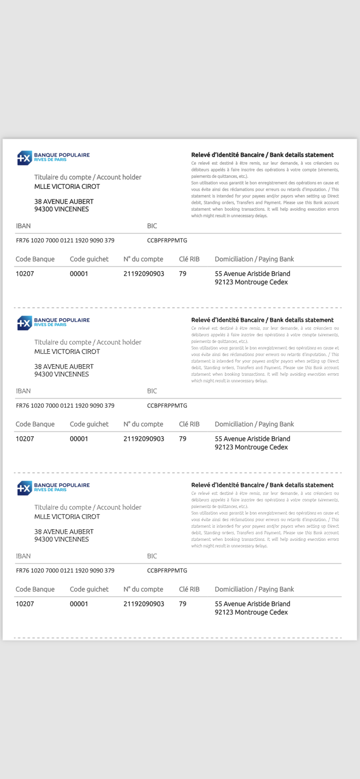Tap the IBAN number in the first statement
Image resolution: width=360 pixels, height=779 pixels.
tap(65, 240)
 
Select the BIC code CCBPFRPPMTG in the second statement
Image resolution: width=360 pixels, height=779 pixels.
tap(167, 406)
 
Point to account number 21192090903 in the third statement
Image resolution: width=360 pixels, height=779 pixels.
tap(144, 604)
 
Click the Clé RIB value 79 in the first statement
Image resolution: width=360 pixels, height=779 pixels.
tap(182, 274)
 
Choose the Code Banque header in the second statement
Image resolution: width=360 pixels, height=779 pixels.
tap(35, 424)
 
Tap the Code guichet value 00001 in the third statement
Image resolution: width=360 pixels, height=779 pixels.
tap(79, 604)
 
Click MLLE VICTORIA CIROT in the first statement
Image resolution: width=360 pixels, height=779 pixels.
tap(67, 187)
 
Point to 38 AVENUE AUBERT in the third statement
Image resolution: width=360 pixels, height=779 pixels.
tap(64, 532)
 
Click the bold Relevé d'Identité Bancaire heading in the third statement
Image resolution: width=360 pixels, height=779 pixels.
tap(262, 485)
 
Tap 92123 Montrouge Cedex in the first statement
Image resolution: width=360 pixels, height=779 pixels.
tap(251, 282)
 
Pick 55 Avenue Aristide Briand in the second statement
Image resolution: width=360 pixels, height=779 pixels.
tap(252, 439)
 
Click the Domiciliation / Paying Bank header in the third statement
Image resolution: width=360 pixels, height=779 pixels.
tap(254, 589)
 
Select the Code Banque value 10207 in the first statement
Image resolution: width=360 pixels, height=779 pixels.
tap(25, 274)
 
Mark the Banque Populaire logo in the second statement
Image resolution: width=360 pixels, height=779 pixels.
tap(53, 323)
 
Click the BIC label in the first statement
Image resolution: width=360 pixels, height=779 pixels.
tap(152, 226)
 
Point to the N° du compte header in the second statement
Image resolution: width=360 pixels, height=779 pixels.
tap(143, 424)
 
